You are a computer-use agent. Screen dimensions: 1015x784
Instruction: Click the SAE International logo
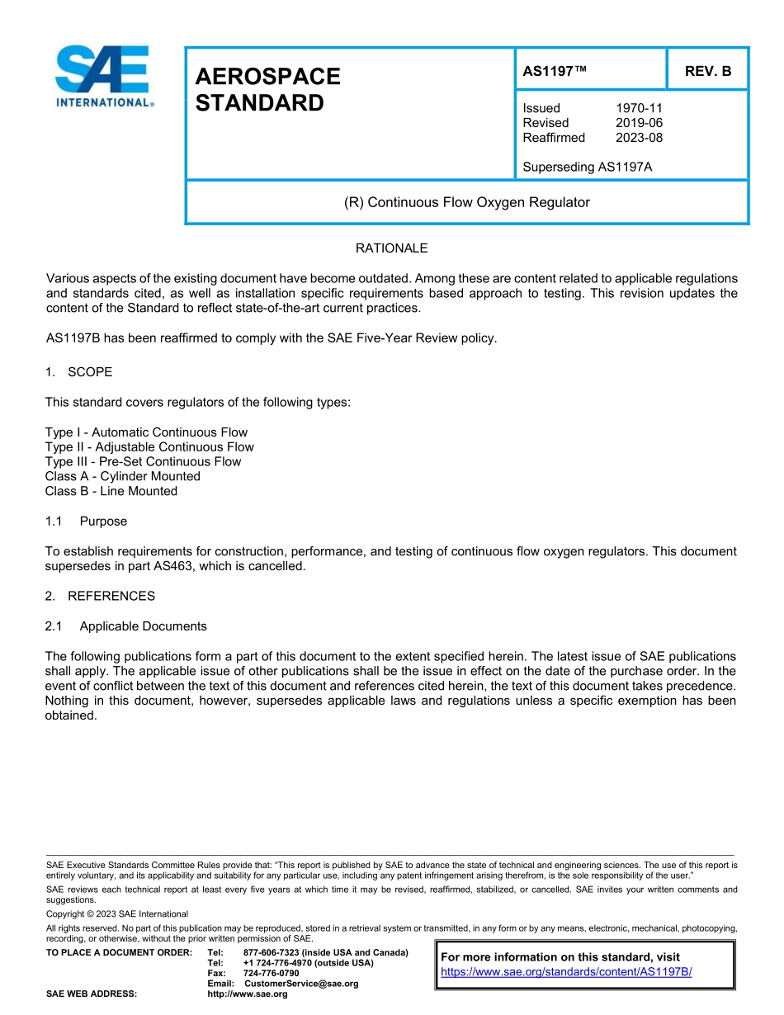point(103,76)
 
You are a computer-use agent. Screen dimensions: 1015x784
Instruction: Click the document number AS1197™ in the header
point(555,71)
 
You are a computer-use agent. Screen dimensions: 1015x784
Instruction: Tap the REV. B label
point(708,71)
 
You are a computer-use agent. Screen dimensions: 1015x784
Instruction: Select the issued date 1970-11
point(639,108)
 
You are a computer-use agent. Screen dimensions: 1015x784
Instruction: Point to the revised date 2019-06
point(639,123)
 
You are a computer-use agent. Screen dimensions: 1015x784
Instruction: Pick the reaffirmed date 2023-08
point(639,138)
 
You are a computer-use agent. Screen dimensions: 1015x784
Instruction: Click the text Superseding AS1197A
point(587,168)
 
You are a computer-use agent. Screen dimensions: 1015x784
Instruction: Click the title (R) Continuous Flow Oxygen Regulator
point(466,202)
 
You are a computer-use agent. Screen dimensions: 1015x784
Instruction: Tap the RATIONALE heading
point(391,248)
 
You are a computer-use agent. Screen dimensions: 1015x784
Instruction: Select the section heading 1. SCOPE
point(78,372)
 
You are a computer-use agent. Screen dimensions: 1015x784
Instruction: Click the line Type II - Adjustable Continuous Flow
point(149,447)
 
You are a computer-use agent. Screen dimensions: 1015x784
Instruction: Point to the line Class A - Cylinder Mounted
point(122,477)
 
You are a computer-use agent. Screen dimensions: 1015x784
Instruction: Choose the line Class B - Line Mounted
point(111,492)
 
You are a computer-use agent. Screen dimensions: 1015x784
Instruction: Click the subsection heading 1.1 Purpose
point(86,522)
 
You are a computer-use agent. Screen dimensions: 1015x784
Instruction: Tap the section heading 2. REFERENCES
point(100,596)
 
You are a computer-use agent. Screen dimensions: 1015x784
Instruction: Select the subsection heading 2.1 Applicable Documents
point(125,626)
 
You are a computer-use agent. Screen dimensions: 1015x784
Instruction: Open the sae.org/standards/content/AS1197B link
point(566,972)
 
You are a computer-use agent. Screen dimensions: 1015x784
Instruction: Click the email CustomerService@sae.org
point(301,984)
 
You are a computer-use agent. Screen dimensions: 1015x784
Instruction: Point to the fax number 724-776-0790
point(271,974)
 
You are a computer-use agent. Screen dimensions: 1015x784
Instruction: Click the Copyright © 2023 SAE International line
point(117,914)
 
